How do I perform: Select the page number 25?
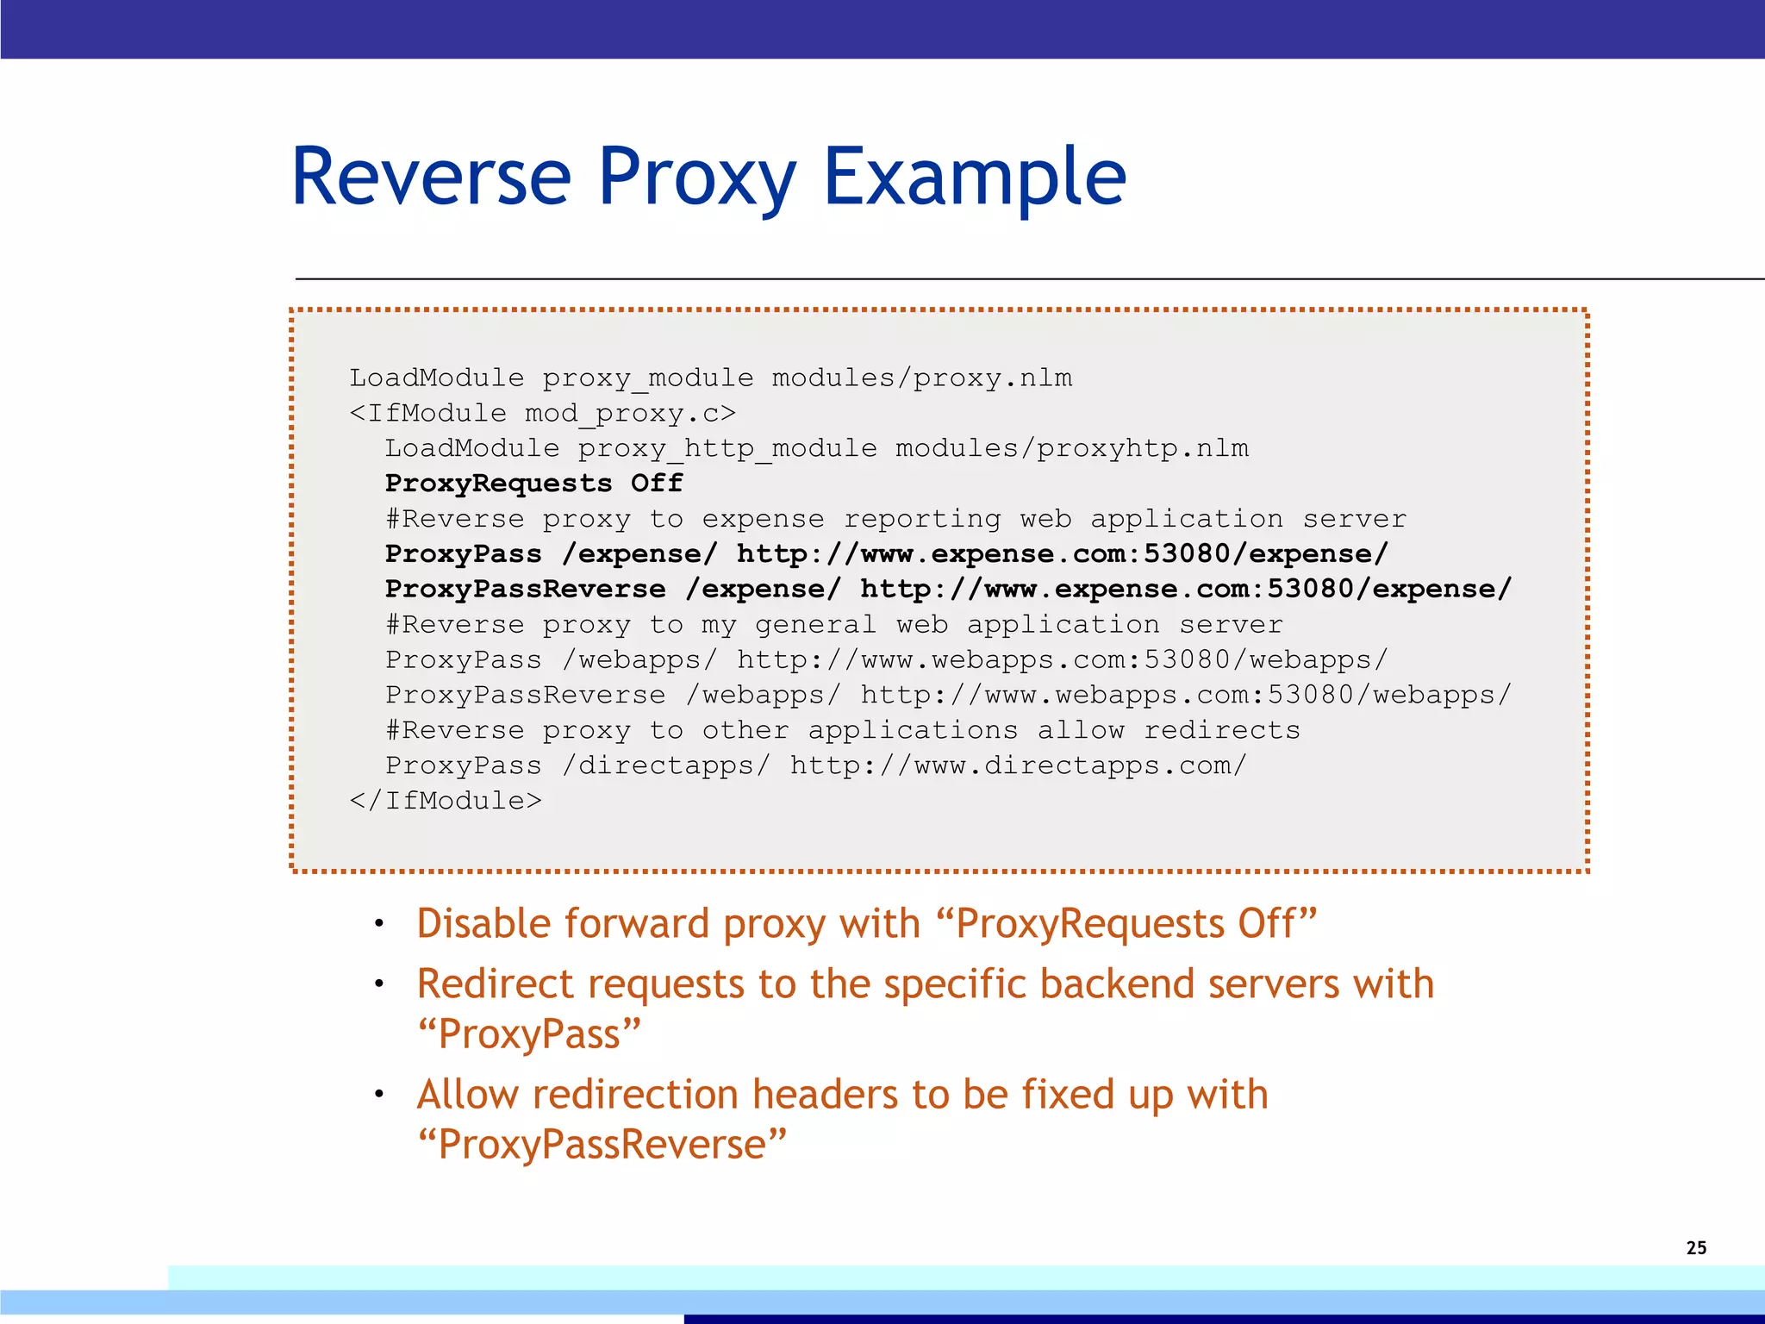[1696, 1247]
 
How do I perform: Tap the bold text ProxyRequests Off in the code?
[533, 483]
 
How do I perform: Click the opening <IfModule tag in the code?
[427, 413]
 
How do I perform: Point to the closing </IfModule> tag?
[446, 800]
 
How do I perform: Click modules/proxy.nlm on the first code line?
[921, 378]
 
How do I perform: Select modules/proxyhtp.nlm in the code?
[1071, 448]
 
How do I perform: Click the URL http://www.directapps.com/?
[1018, 765]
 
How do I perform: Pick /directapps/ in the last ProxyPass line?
[665, 765]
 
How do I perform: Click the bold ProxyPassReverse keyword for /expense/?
[525, 589]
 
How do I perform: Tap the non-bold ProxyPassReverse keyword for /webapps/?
[525, 695]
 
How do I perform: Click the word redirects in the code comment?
[1221, 730]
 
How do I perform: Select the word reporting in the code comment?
[921, 519]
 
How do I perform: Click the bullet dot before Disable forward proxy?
[378, 924]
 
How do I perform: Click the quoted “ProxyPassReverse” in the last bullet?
[602, 1145]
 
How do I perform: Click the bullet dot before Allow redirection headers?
[378, 1095]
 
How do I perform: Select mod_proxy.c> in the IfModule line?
[630, 413]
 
